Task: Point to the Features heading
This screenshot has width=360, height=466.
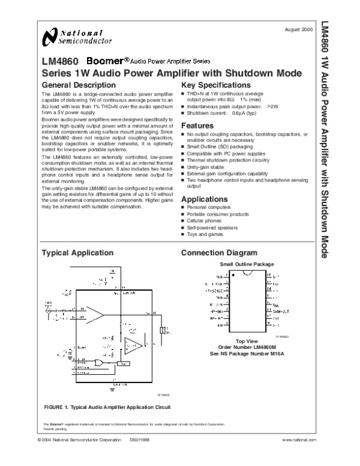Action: (197, 125)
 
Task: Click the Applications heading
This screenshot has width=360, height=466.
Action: (205, 199)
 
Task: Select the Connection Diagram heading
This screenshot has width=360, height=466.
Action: (219, 253)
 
